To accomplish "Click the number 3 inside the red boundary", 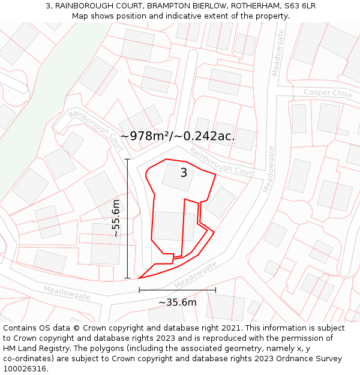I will pos(184,173).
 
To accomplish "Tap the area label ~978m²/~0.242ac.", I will pos(178,136).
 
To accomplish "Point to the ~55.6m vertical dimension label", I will pos(116,218).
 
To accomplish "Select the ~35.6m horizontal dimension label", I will pos(178,302).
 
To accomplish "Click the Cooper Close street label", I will pos(328,94).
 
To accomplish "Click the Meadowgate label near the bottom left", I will pos(67,293).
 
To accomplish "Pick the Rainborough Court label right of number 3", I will pos(223,163).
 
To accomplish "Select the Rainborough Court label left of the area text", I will pos(97,130).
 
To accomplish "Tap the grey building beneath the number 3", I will pos(178,178).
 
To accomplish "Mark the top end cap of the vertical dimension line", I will pos(127,159).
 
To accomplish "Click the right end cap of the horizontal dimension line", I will pos(215,290).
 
